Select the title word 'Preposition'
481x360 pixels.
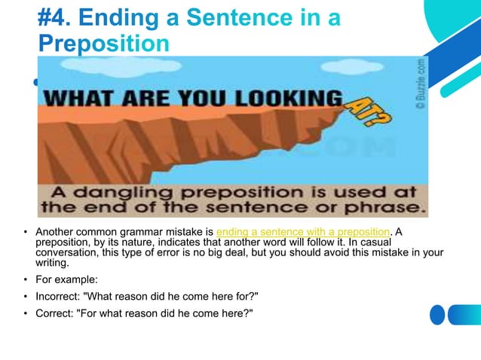(x=103, y=42)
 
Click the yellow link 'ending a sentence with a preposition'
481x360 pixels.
(x=302, y=231)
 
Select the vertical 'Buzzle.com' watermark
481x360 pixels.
(x=421, y=83)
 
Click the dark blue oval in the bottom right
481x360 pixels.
(x=437, y=314)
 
